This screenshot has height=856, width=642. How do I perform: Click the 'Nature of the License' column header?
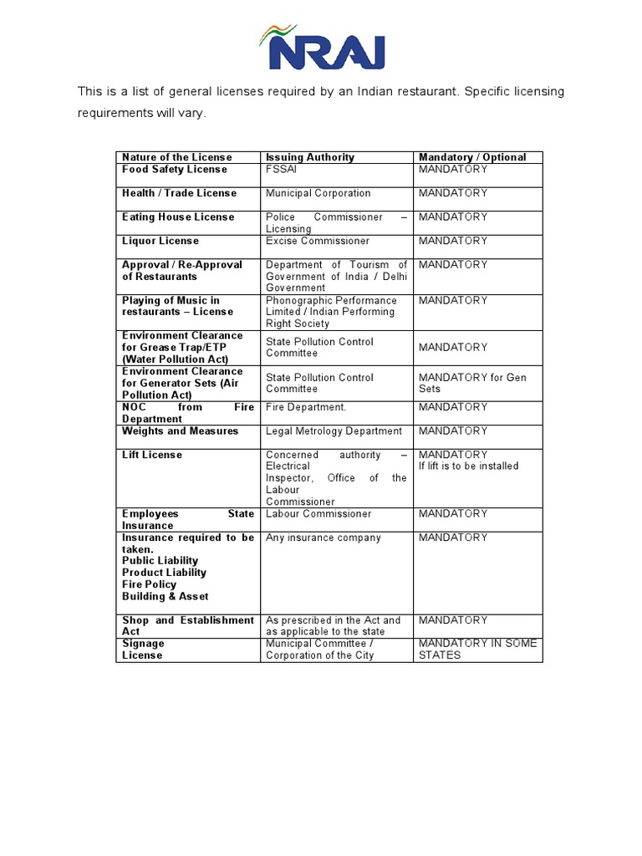(177, 157)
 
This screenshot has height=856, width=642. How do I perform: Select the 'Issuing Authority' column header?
(310, 157)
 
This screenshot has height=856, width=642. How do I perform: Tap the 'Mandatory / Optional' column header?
(472, 157)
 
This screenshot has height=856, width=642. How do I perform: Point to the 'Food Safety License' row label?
(175, 170)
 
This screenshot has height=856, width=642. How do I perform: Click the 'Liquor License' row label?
(160, 241)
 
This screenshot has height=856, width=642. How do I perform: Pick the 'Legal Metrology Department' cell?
(334, 431)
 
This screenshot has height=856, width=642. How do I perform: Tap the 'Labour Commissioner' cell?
(318, 514)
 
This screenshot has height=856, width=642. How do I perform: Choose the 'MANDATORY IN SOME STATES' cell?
(477, 650)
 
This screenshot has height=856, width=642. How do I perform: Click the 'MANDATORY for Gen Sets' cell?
(472, 383)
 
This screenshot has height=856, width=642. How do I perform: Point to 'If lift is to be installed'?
(468, 466)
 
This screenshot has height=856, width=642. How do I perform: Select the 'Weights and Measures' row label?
(180, 431)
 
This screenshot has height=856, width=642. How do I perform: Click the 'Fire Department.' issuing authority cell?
(306, 407)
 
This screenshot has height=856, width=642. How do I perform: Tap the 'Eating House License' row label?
(178, 217)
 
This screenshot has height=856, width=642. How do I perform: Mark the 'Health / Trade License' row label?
(179, 193)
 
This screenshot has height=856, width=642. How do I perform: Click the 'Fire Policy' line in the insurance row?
(150, 585)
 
